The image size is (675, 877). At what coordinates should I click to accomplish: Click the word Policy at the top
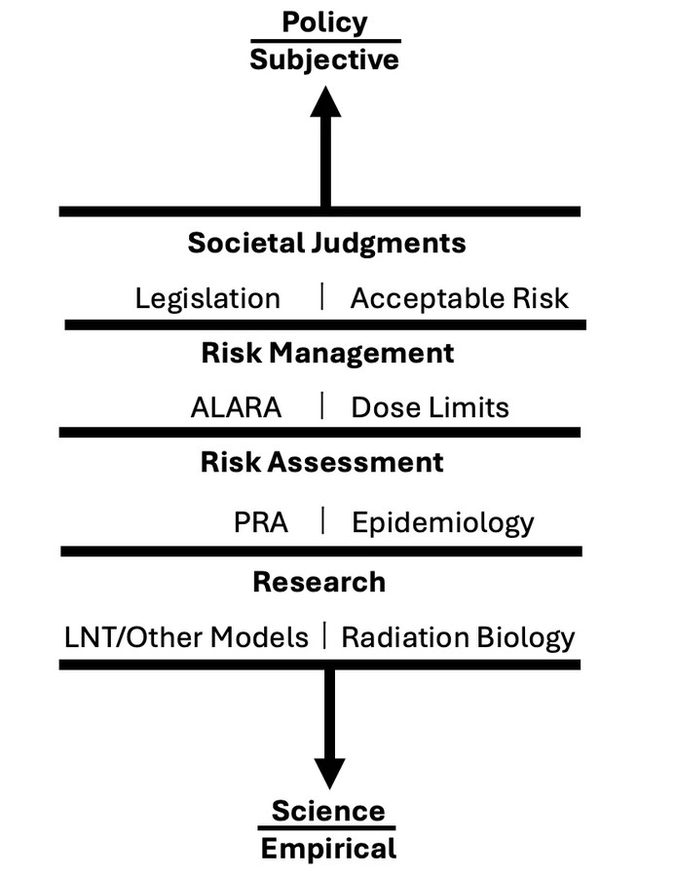[324, 23]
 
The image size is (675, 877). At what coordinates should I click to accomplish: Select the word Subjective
[324, 59]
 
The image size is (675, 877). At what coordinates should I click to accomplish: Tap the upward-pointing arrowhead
[325, 101]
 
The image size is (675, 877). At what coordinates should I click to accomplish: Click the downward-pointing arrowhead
[329, 774]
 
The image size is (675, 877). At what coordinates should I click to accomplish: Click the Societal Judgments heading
[326, 244]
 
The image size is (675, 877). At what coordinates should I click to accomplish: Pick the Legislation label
[207, 299]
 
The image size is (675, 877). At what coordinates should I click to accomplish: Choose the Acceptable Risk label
[459, 298]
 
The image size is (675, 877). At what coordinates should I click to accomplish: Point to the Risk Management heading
[327, 353]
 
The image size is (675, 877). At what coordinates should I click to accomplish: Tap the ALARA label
[236, 407]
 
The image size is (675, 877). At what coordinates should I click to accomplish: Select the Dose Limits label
[431, 407]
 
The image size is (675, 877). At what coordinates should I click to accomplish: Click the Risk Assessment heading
[321, 463]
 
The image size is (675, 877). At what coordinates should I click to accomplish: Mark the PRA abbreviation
[261, 523]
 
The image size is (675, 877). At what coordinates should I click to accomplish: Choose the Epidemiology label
[443, 523]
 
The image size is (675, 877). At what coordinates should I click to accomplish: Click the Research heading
[319, 583]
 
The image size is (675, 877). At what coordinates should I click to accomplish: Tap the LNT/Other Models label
[186, 637]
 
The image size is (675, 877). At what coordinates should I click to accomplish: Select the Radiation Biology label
[458, 637]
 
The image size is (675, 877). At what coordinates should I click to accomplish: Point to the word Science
[328, 811]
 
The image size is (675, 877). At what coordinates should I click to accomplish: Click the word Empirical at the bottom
[329, 849]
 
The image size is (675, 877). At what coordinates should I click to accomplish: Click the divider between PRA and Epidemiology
[323, 520]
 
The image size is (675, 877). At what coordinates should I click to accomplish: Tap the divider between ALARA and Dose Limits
[322, 405]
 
